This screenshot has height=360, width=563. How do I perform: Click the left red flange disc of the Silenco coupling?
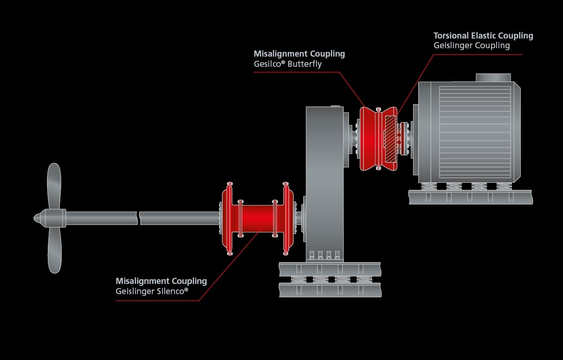(x=227, y=218)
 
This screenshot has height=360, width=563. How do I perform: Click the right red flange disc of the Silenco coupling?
(x=288, y=218)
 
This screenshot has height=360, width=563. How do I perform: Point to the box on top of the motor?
(x=493, y=77)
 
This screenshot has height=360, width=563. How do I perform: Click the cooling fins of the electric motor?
(x=474, y=132)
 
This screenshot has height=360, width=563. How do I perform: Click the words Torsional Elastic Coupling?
(x=483, y=36)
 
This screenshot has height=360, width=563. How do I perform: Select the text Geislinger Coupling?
(x=472, y=45)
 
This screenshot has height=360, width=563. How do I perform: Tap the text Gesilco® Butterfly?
(x=287, y=64)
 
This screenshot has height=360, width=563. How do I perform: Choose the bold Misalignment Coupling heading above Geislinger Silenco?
(x=161, y=281)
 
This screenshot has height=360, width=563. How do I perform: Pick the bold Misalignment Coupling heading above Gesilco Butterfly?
(x=299, y=54)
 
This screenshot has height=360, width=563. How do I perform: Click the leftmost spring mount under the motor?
(x=429, y=186)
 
